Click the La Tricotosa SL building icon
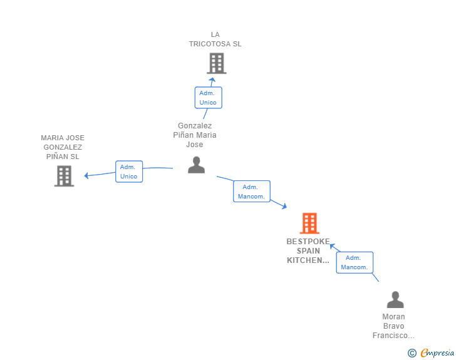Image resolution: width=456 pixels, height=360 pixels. [216, 63]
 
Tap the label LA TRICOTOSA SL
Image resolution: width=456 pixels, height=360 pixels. [215, 39]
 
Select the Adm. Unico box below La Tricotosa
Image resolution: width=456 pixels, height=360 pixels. [208, 98]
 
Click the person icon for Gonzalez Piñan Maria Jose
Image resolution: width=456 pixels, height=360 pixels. [196, 165]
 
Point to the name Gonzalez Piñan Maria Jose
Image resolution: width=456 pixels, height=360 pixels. [195, 135]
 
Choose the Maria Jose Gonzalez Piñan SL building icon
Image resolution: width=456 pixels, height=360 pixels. [64, 176]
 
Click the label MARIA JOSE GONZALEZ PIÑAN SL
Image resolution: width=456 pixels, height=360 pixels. [63, 147]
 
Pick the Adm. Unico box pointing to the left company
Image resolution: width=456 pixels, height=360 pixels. [128, 172]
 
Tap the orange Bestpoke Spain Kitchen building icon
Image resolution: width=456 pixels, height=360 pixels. [309, 223]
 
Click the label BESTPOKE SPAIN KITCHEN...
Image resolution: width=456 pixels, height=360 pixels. [308, 250]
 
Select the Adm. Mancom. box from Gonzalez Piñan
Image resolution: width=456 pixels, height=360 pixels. [251, 192]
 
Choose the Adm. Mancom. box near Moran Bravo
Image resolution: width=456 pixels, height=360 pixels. [355, 262]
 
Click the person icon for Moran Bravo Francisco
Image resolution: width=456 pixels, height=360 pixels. [395, 300]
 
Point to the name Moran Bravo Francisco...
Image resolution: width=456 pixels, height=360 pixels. [394, 326]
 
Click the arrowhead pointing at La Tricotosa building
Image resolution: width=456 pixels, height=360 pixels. [212, 79]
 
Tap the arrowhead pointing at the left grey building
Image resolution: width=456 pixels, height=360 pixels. [87, 176]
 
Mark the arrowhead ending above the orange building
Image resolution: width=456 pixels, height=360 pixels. [284, 207]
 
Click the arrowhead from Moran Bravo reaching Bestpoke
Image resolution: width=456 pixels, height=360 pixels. [333, 246]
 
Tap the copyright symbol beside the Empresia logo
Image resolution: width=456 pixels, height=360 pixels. [412, 353]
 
